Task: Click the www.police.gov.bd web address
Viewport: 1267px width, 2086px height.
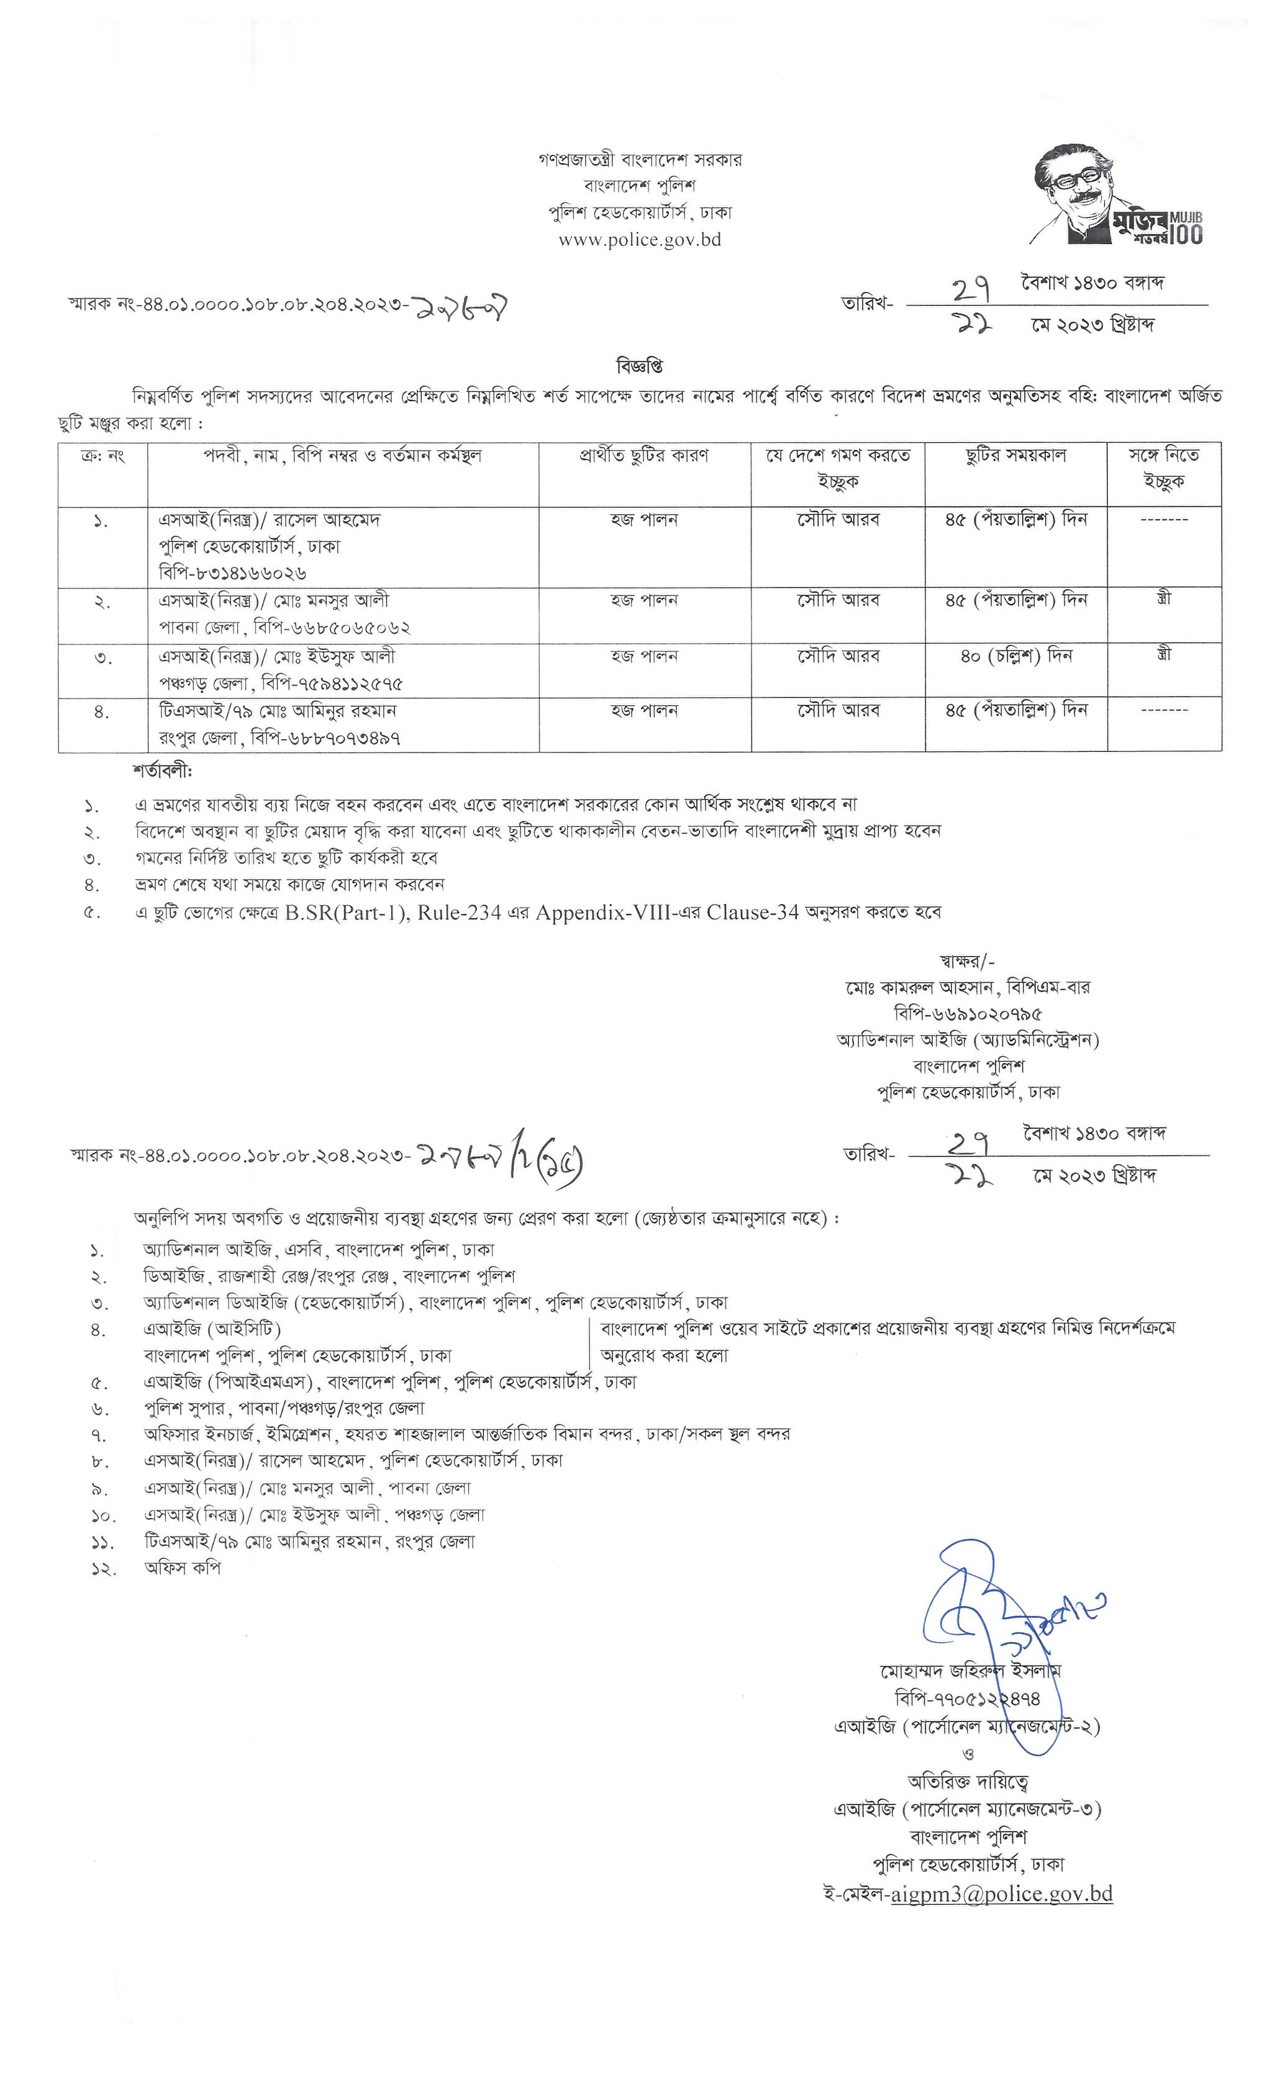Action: click(640, 240)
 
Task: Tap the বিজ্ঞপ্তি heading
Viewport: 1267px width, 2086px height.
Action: click(640, 366)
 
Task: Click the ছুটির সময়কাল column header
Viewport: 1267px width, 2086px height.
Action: click(1015, 456)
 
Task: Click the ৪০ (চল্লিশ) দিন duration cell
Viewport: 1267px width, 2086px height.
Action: click(1015, 656)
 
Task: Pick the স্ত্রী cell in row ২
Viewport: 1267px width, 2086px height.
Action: click(1164, 599)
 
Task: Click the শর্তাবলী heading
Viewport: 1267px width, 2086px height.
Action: click(163, 772)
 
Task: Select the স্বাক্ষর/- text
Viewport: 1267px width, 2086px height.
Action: click(967, 961)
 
